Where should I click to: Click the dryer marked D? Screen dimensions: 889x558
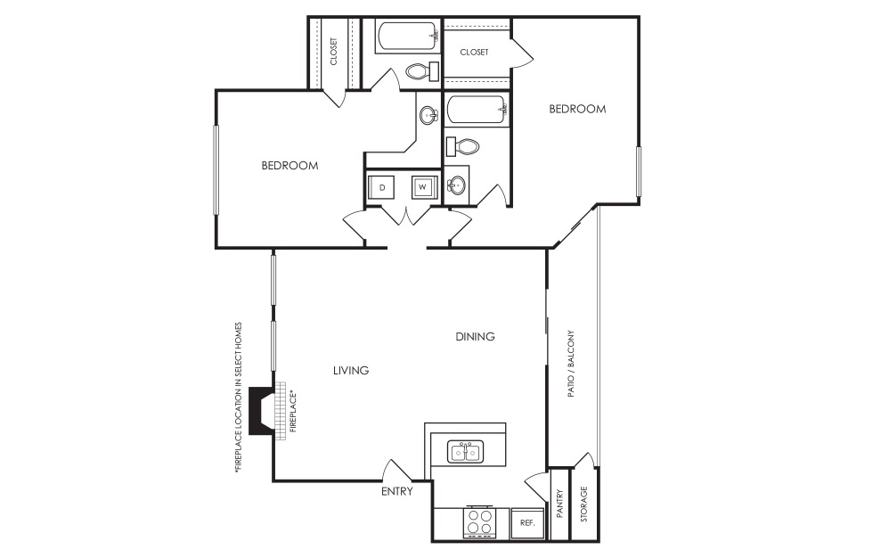pyautogui.click(x=381, y=187)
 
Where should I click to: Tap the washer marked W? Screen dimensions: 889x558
pyautogui.click(x=423, y=187)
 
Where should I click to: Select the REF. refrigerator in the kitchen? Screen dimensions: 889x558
pyautogui.click(x=527, y=523)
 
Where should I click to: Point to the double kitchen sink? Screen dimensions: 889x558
pyautogui.click(x=467, y=452)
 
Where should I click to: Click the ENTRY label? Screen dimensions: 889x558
pyautogui.click(x=397, y=492)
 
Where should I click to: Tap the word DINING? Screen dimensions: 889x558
pyautogui.click(x=475, y=337)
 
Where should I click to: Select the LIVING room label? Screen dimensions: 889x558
pyautogui.click(x=351, y=371)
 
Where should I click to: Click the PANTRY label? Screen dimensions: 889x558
pyautogui.click(x=560, y=504)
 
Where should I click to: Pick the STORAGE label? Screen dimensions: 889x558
pyautogui.click(x=584, y=505)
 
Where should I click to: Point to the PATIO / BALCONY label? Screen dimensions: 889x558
pyautogui.click(x=571, y=364)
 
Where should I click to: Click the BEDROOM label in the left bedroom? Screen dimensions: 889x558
pyautogui.click(x=290, y=166)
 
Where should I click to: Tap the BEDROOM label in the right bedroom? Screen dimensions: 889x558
pyautogui.click(x=577, y=109)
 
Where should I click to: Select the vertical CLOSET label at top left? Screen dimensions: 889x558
pyautogui.click(x=333, y=51)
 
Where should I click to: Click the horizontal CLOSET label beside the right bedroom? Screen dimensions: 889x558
pyautogui.click(x=474, y=53)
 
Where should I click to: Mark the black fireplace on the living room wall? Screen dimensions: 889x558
pyautogui.click(x=263, y=411)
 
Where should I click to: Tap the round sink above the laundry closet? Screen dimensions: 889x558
pyautogui.click(x=429, y=116)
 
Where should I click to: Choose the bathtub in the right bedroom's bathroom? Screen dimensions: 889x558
pyautogui.click(x=477, y=110)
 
